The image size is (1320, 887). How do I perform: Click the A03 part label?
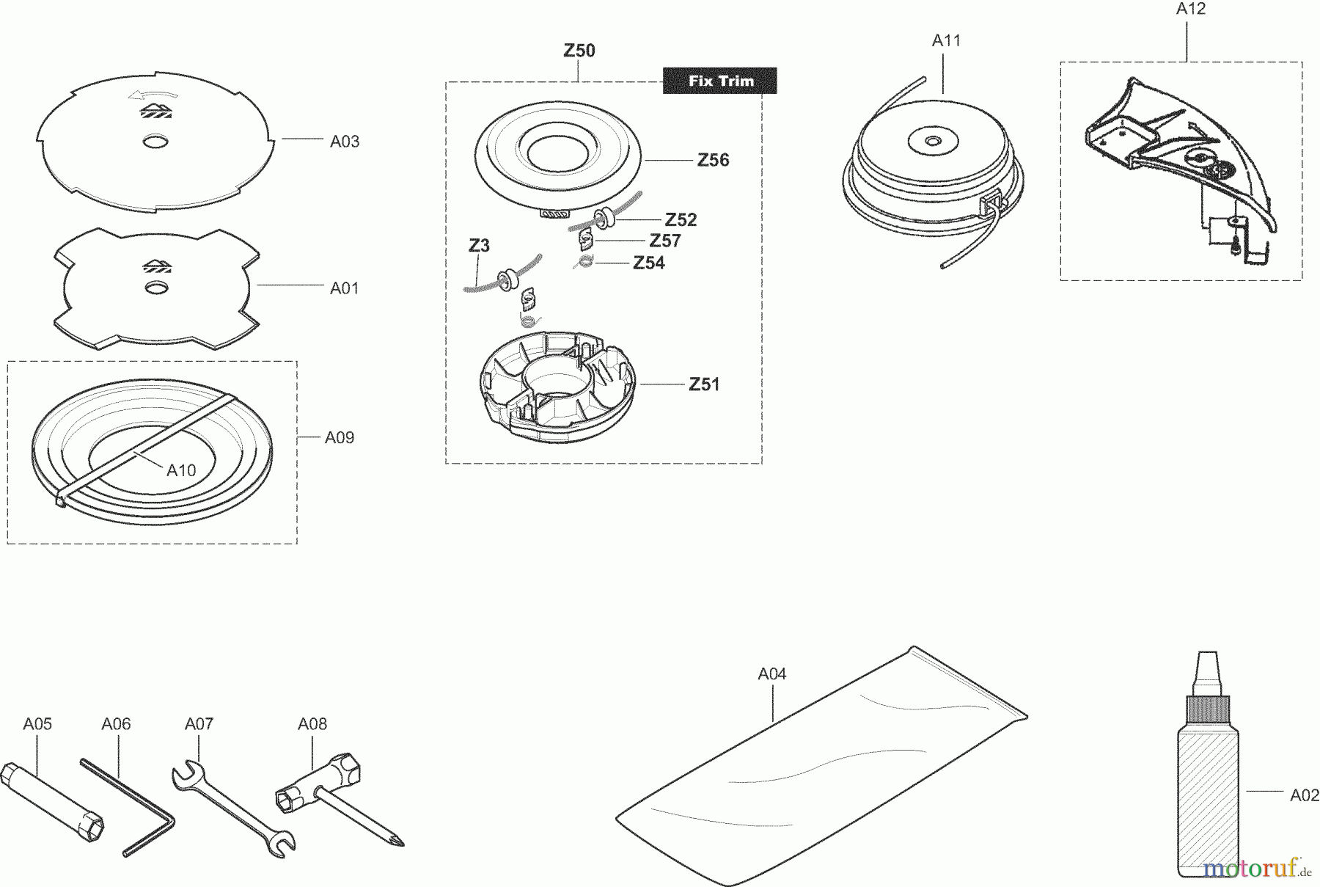click(x=344, y=142)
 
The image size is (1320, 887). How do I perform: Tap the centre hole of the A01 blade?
click(x=155, y=287)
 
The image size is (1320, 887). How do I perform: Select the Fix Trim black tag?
click(x=720, y=81)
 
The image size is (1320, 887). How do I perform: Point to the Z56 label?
click(x=713, y=160)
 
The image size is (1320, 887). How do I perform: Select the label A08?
click(x=312, y=724)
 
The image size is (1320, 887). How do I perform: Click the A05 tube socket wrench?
click(x=55, y=803)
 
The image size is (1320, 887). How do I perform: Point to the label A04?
click(x=771, y=674)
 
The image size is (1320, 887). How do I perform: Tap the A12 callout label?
click(x=1191, y=9)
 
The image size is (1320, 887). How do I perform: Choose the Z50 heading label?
click(x=579, y=51)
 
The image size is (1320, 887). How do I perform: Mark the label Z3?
click(x=479, y=245)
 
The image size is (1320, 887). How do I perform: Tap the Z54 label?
click(x=648, y=263)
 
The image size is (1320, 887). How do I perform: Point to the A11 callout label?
click(x=946, y=41)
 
